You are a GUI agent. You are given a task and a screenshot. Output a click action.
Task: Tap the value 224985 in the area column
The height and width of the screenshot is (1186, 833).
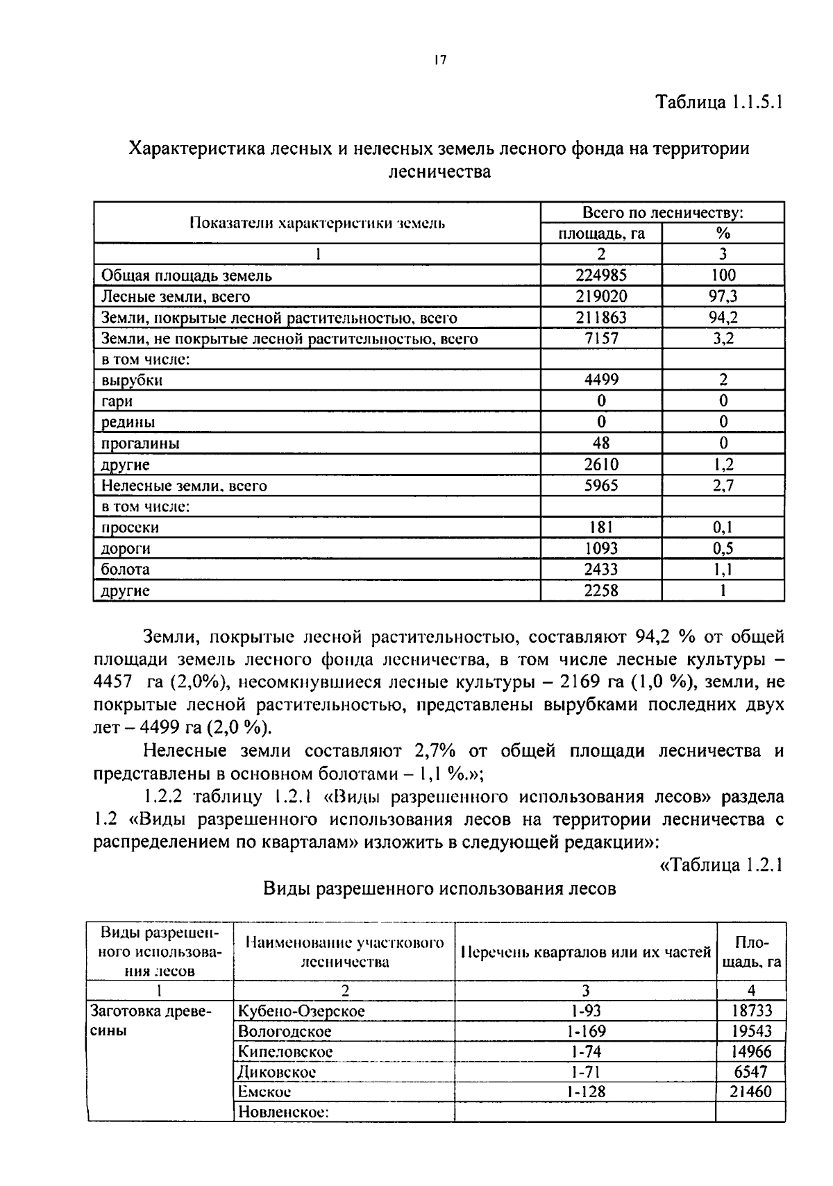point(601,276)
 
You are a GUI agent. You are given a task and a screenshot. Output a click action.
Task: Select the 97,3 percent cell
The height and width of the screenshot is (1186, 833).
point(723,296)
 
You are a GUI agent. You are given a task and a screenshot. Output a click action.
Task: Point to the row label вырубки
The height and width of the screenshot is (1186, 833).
point(132,380)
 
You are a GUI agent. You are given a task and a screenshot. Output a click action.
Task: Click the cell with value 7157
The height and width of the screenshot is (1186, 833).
point(601,339)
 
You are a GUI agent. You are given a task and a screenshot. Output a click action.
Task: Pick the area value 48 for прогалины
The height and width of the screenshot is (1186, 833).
point(601,443)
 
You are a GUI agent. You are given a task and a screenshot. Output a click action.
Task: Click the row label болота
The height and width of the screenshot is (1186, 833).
point(125,570)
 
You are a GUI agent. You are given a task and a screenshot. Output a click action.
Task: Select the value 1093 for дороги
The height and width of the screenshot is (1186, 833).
point(601,549)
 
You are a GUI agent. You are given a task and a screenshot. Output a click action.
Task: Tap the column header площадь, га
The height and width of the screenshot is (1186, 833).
point(601,234)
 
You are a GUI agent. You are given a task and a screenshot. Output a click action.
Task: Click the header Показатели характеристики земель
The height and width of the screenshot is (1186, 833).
point(317,223)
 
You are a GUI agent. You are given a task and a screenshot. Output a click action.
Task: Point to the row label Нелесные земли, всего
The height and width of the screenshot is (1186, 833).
point(184,486)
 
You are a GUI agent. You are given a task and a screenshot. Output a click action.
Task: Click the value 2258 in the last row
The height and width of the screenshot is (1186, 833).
point(601,591)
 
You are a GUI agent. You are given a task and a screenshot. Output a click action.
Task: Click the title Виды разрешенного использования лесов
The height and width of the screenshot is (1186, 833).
point(439,889)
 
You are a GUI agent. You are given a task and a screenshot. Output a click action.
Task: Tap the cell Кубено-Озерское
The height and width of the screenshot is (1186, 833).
point(301,1011)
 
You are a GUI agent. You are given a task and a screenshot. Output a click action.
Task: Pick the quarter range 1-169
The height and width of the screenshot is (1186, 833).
point(584,1031)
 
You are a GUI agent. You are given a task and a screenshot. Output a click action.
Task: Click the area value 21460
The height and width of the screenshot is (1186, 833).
point(750,1092)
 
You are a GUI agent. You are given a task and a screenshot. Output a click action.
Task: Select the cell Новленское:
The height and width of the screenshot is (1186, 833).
point(283,1112)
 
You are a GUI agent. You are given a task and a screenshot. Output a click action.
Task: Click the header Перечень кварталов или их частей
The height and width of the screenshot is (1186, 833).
point(585,952)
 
